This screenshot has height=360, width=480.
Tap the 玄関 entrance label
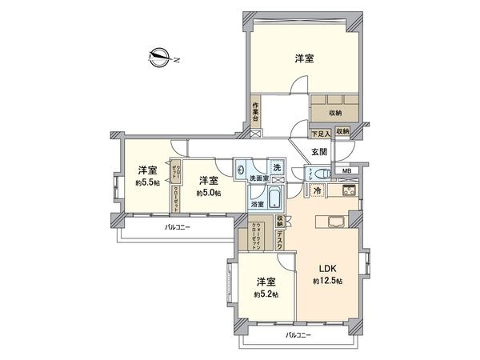[318, 152]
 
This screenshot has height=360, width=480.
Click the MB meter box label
[346, 171]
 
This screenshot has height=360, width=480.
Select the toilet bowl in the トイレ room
[322, 174]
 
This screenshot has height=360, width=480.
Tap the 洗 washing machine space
[276, 167]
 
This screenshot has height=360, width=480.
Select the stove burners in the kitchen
[350, 193]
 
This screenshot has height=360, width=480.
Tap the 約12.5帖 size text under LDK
[327, 282]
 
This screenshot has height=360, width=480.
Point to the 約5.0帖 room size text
[208, 192]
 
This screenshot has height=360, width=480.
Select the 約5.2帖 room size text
[266, 295]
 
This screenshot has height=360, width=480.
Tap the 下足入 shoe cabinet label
[321, 132]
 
